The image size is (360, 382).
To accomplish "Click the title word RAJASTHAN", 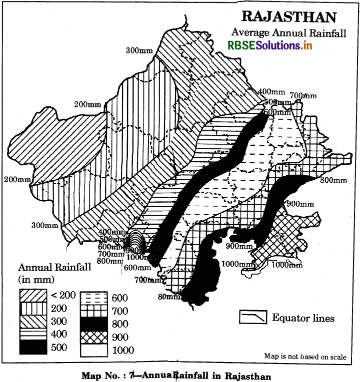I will (289, 16).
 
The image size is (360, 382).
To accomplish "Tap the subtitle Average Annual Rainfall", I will (288, 32).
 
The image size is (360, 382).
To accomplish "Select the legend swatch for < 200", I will (34, 295).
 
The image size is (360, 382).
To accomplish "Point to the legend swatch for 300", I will (34, 320).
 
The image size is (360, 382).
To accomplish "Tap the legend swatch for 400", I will (34, 333).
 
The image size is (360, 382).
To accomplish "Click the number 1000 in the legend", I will (123, 350).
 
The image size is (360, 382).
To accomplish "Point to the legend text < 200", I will (63, 295).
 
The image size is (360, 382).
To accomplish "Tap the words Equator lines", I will (303, 318).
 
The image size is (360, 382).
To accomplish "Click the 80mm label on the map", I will (169, 297).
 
